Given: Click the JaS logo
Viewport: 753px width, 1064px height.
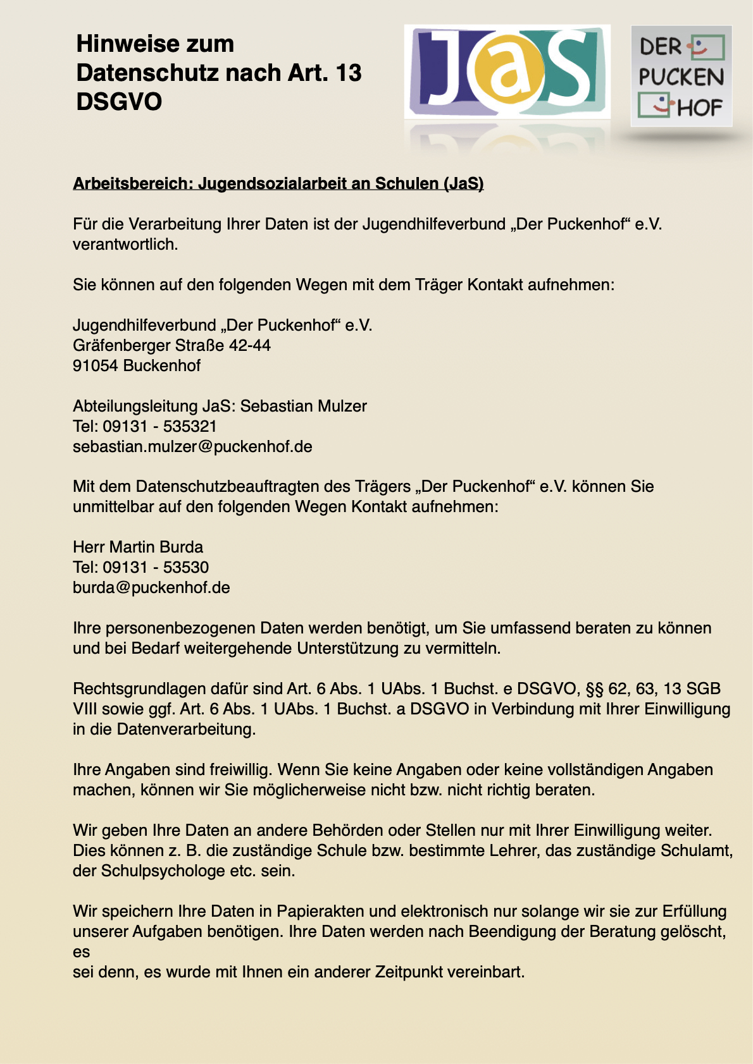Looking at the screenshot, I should (507, 71).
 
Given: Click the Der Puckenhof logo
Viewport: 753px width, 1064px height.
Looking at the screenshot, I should (681, 76).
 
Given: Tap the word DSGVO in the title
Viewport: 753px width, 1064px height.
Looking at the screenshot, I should (119, 102).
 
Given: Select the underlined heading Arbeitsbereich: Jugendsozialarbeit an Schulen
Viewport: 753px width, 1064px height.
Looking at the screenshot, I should (278, 183).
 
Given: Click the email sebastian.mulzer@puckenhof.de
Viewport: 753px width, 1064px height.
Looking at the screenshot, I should (192, 446).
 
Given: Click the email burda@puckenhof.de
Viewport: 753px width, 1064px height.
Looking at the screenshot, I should (151, 587).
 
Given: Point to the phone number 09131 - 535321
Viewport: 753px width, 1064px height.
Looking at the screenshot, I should (159, 426).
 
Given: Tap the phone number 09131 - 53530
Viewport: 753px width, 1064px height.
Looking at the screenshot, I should (156, 567).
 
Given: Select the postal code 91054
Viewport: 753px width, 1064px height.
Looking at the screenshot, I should (96, 365).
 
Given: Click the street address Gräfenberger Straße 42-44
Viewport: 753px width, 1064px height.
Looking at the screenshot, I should (171, 345).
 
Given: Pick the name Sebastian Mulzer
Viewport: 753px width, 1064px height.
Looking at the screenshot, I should (304, 406).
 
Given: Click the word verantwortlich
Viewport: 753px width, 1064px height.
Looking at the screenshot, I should (125, 244).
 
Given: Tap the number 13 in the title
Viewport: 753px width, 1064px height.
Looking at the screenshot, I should (349, 73).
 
